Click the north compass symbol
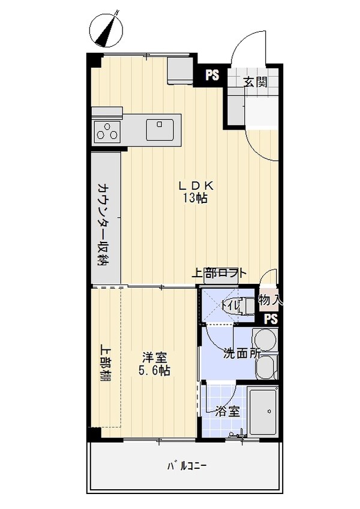(x=107, y=28)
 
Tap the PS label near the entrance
(x=212, y=75)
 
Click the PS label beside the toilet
(x=271, y=319)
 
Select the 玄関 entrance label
(x=255, y=82)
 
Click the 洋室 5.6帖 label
(x=154, y=364)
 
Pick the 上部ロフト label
(x=218, y=273)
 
